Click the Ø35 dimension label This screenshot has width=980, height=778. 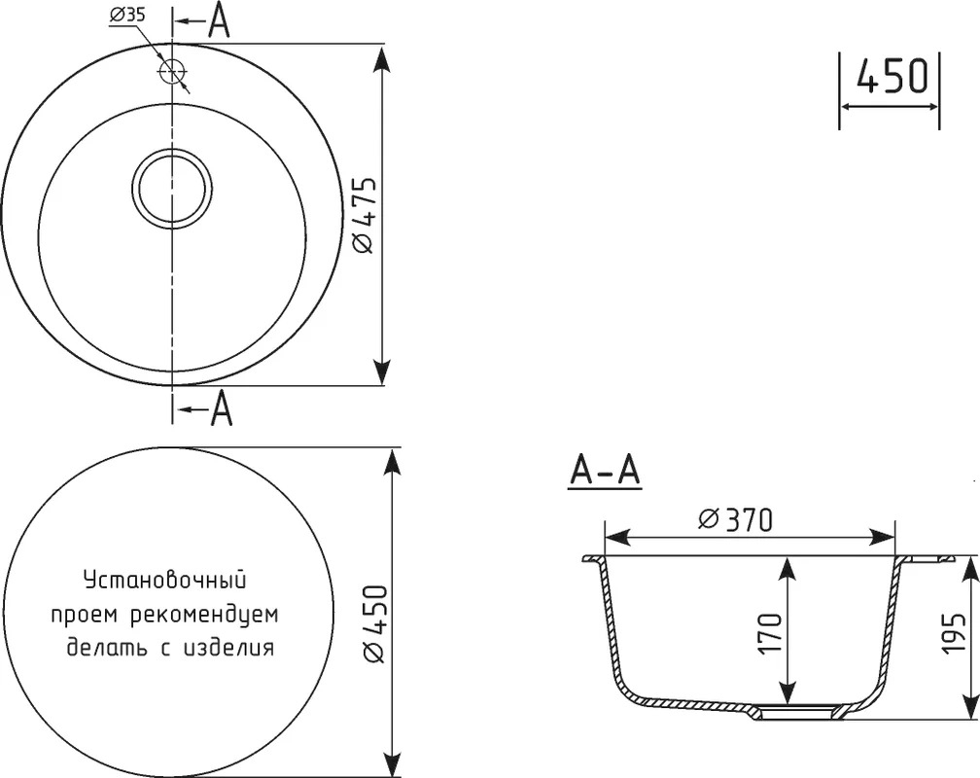(x=127, y=15)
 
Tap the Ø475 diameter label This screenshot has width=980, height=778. (x=365, y=215)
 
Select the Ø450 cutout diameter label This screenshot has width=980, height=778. (x=374, y=624)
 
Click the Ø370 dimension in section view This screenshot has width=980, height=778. (x=736, y=519)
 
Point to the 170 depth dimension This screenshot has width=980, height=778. (x=770, y=633)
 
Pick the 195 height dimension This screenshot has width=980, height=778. (x=956, y=633)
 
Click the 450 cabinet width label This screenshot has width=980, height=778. (x=892, y=76)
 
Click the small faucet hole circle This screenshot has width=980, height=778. (x=171, y=71)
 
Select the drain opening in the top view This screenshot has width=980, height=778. (x=172, y=189)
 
